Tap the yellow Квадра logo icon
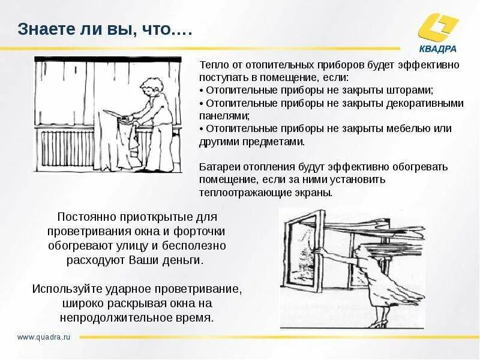click(x=439, y=28)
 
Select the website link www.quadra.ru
click(x=44, y=337)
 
